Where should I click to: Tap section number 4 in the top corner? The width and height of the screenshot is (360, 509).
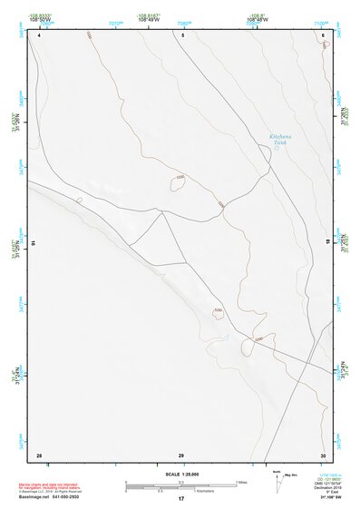pos(39,34)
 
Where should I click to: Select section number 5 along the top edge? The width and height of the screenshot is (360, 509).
pos(182,34)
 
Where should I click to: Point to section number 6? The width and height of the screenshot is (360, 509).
pos(323,34)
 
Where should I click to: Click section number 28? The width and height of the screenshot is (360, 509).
pos(39,454)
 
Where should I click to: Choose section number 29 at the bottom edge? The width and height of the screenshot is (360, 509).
pos(181,454)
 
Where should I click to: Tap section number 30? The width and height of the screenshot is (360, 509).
pos(322,454)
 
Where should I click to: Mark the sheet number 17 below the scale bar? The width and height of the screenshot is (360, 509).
pos(181,499)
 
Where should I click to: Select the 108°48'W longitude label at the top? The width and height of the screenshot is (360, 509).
pos(257,19)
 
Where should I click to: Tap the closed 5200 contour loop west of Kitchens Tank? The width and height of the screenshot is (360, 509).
pos(178,182)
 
